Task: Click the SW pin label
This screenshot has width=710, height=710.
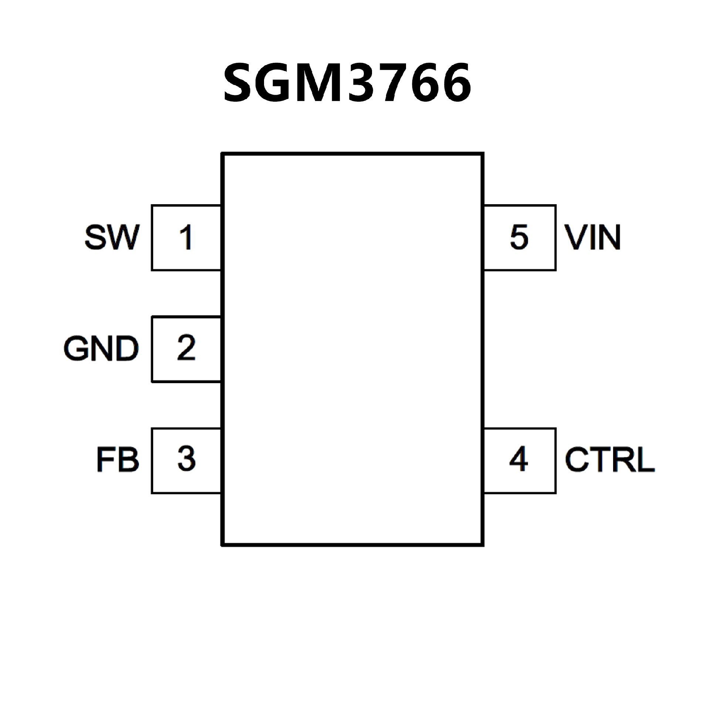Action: pyautogui.click(x=112, y=237)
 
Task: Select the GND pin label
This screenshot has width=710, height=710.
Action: pyautogui.click(x=101, y=348)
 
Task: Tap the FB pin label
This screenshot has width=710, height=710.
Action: pyautogui.click(x=118, y=460)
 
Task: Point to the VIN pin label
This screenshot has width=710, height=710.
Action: pyautogui.click(x=592, y=237)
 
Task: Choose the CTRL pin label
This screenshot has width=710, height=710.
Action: pyautogui.click(x=609, y=460)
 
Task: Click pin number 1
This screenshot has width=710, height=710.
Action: pyautogui.click(x=186, y=237)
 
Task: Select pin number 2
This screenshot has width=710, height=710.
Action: pyautogui.click(x=186, y=348)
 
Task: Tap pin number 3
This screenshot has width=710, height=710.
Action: pyautogui.click(x=186, y=459)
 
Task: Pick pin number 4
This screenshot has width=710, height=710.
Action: pyautogui.click(x=518, y=459)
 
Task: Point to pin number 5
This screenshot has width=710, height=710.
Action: pyautogui.click(x=519, y=237)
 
